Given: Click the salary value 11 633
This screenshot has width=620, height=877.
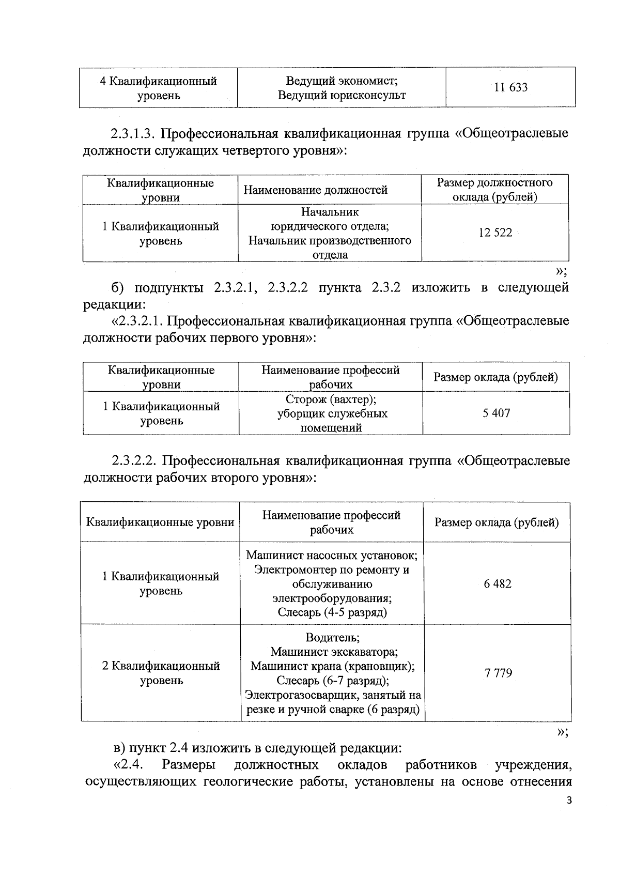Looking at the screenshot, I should coord(510,87).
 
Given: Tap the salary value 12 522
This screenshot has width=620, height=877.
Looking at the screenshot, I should coord(495,233).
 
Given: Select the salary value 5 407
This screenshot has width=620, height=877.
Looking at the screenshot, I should coord(496,413).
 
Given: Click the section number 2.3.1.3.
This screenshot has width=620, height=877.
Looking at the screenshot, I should coord(133,133).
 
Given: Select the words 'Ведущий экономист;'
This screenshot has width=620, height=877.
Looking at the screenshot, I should coord(342,81).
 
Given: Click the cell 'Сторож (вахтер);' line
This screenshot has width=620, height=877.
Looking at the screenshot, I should coord(331,399).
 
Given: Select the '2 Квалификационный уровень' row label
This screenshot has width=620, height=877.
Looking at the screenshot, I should coord(161,673).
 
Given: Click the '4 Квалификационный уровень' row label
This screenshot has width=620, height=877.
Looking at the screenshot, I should coord(158,88).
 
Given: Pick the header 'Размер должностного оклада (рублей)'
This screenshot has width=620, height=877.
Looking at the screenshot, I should coord(494,190).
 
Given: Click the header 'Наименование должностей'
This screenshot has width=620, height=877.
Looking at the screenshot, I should coord(315,190).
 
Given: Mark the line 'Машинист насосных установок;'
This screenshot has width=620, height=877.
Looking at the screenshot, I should coord(332,556).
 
